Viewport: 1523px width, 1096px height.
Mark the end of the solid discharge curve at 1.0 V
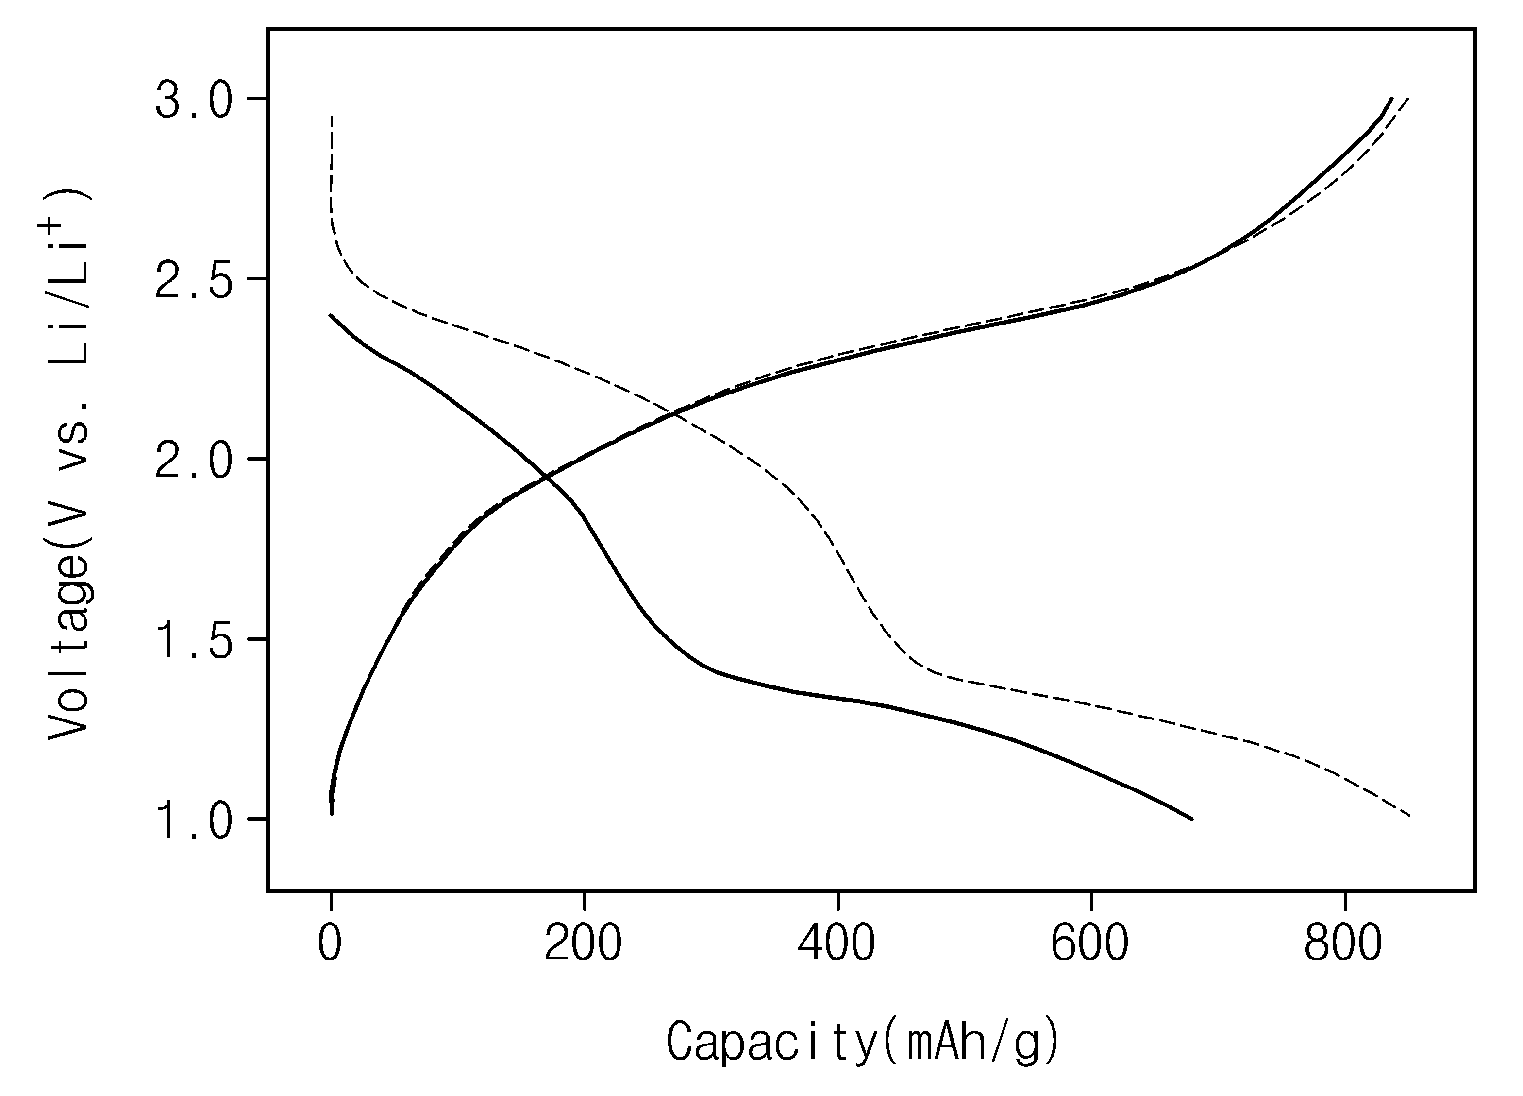pyautogui.click(x=1192, y=819)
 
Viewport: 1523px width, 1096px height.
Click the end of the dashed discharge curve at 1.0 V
pyautogui.click(x=1409, y=816)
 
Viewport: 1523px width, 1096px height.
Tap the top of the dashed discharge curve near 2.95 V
pyautogui.click(x=332, y=117)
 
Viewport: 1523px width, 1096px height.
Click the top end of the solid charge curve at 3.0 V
pyautogui.click(x=1391, y=99)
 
